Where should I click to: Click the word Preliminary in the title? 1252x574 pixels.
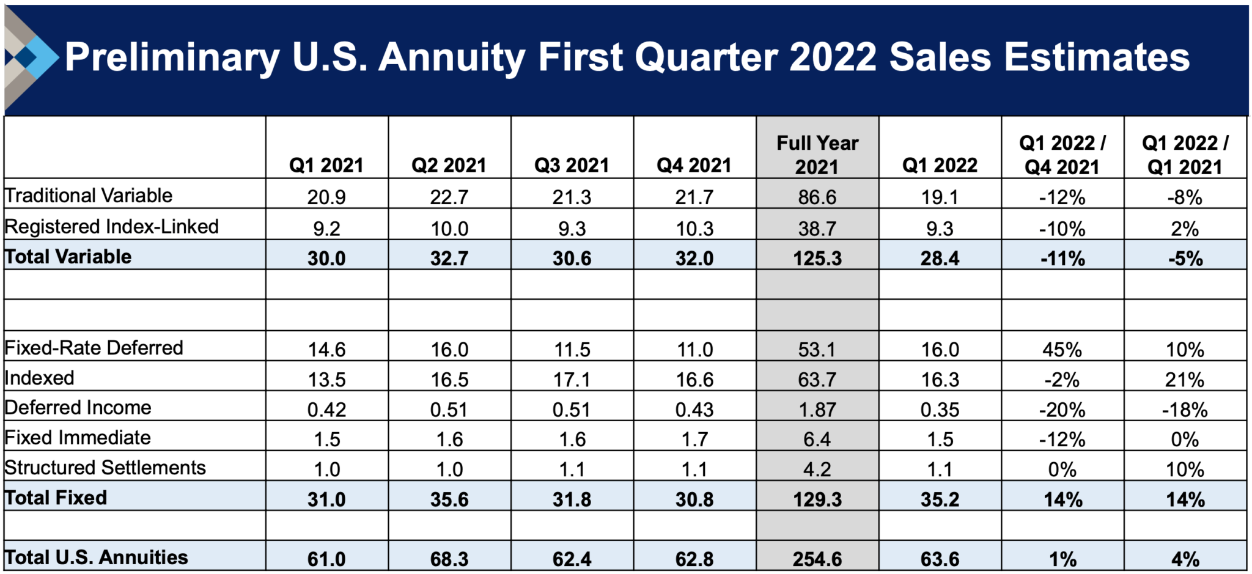tap(172, 58)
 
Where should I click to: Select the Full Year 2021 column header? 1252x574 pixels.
tap(817, 154)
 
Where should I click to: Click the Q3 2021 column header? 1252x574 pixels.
tap(572, 165)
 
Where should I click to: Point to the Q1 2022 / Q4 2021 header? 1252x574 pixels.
tap(1062, 154)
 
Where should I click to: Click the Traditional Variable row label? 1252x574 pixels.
tap(89, 196)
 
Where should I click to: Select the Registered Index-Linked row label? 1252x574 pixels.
tap(111, 227)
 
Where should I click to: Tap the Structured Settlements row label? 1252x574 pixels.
tap(105, 468)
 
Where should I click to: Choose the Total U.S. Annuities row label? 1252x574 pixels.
tap(97, 557)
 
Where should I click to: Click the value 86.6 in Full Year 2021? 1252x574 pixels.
tap(817, 197)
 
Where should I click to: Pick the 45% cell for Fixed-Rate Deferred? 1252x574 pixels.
tap(1062, 350)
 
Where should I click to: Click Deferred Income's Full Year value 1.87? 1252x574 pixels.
tap(817, 410)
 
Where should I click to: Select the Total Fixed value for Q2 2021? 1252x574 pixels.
tap(449, 499)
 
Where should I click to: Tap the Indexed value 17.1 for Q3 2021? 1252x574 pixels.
tap(572, 380)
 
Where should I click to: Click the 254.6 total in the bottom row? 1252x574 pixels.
tap(817, 559)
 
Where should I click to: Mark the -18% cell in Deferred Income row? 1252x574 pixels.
tap(1184, 410)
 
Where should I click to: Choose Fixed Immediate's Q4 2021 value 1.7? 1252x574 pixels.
tap(694, 440)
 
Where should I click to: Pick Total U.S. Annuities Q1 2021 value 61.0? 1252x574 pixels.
tap(326, 559)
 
